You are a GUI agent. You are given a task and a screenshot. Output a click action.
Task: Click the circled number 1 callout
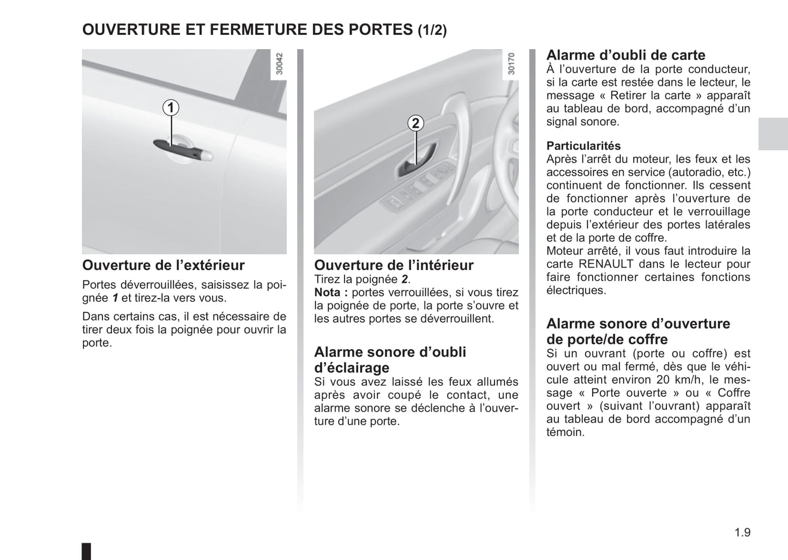[171, 108]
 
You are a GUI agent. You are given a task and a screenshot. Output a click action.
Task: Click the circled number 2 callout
[416, 123]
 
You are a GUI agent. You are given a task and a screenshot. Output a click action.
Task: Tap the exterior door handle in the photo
[183, 148]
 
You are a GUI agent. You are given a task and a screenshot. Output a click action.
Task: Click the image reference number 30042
[280, 63]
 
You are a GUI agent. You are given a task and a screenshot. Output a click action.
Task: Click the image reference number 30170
[511, 63]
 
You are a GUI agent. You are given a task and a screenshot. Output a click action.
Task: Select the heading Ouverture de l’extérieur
[163, 265]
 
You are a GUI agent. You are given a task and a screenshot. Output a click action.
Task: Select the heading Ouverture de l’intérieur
[394, 265]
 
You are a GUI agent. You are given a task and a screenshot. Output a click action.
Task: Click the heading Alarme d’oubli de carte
[625, 55]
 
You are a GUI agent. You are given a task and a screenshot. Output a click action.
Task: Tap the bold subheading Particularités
[584, 146]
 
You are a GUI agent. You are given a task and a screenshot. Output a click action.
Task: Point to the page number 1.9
[742, 532]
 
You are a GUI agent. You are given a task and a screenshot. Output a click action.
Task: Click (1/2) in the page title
[432, 30]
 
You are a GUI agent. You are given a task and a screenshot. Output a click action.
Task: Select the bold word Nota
[328, 293]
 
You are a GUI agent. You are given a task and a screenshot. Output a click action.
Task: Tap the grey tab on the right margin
[773, 133]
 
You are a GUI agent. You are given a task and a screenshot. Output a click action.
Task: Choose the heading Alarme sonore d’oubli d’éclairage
[390, 360]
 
